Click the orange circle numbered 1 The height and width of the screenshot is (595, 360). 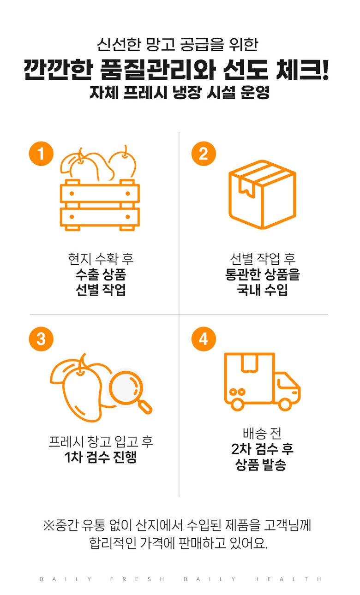pos(41,154)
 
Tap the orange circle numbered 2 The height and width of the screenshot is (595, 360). pos(204,154)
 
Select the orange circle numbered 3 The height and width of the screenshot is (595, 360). pos(41,339)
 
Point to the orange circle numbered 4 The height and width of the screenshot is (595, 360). pos(204,339)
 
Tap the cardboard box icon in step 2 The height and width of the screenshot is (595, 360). pos(263,195)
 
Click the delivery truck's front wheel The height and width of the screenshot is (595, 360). pos(285,405)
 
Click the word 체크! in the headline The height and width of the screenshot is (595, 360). pos(302,70)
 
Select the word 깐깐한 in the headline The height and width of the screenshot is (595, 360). pos(59,70)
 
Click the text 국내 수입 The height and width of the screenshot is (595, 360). pos(263,290)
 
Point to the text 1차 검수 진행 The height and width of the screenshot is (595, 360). pos(101,457)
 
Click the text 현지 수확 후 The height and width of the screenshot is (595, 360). pos(101,259)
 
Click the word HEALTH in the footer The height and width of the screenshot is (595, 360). pos(288,579)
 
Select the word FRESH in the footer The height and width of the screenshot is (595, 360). pos(137,579)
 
